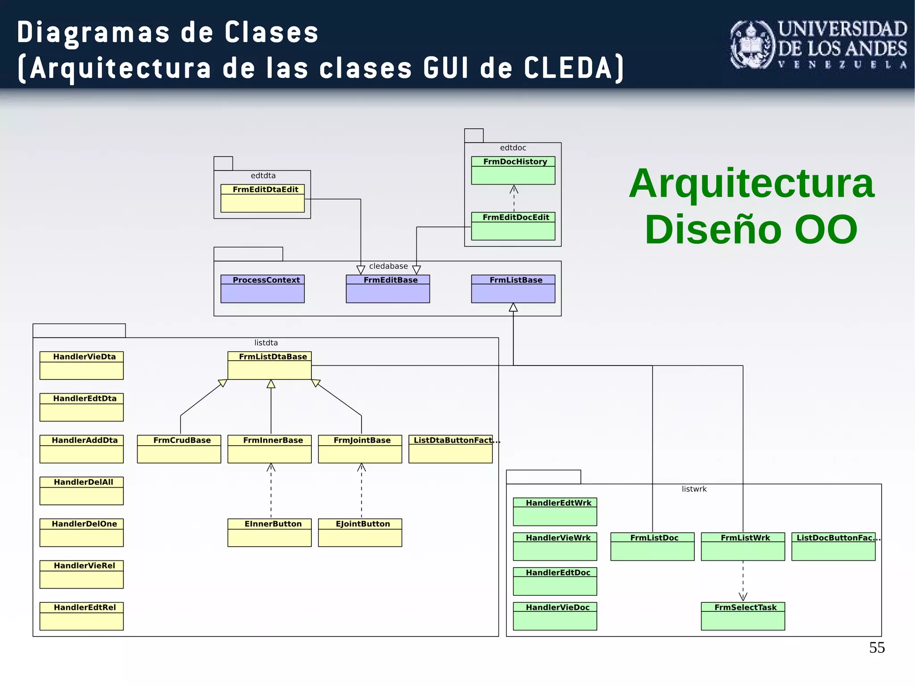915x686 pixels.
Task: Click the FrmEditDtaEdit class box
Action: pos(262,198)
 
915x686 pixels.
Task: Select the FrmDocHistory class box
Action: pos(513,170)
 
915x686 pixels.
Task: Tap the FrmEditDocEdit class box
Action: pos(513,226)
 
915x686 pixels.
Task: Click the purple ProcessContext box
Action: pos(262,289)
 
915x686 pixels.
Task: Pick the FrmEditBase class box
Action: pos(387,289)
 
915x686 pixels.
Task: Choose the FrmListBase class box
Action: pos(513,289)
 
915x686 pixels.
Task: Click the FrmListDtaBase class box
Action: pos(269,365)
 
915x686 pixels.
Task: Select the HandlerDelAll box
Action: pos(81,491)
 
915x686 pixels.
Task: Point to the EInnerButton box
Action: pos(269,532)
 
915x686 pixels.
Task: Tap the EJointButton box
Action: pos(360,532)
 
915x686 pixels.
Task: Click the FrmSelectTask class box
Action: pos(743,616)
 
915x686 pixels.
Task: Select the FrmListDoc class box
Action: pos(652,546)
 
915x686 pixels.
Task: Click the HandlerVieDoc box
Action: pos(554,616)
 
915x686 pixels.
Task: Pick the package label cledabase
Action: pos(388,266)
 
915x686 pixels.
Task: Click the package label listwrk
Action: pos(694,489)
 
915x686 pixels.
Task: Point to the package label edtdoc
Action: pos(513,148)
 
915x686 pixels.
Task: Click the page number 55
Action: pos(877,648)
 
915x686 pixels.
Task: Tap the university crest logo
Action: pos(752,45)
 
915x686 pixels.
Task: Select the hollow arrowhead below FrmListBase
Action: pos(513,307)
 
